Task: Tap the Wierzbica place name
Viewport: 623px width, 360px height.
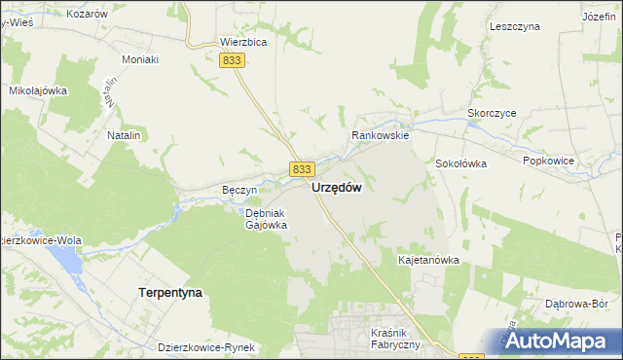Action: [x=243, y=43]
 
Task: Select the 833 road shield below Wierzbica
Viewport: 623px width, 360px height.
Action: [x=232, y=60]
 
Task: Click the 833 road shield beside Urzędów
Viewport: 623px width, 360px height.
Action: [x=301, y=169]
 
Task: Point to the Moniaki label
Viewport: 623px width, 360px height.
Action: [x=140, y=59]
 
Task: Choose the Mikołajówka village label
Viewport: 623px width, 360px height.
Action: [x=37, y=90]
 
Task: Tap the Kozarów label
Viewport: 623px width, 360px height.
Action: [x=87, y=15]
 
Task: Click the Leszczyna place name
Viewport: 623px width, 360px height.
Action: [x=515, y=27]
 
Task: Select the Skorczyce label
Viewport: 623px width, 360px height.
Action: [x=492, y=113]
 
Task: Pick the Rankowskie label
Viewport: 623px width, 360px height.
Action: [x=382, y=136]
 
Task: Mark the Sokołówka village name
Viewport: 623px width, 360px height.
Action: [x=460, y=163]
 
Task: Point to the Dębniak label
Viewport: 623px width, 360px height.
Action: [x=264, y=213]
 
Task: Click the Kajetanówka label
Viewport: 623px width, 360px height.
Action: [x=428, y=261]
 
